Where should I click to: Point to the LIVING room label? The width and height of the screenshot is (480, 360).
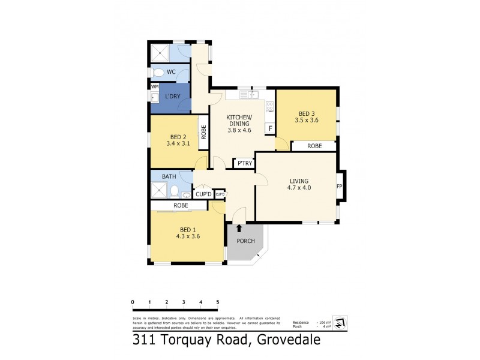298,181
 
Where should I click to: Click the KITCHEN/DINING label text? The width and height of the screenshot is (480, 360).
239,119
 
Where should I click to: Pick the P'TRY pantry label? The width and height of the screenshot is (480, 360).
244,163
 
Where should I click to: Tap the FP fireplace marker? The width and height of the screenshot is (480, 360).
340,186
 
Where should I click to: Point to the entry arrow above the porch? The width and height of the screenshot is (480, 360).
239,228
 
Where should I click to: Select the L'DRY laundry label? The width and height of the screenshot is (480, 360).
173,97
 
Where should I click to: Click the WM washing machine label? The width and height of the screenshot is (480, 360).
154,86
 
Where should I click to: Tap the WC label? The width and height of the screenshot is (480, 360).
171,72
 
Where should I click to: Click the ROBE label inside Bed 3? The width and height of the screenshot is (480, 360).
314,146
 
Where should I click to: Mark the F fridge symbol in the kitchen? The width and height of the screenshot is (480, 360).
270,128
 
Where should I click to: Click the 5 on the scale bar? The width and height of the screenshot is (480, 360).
218,302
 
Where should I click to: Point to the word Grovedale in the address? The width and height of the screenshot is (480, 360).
289,340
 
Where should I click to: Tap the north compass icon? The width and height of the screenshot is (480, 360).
339,322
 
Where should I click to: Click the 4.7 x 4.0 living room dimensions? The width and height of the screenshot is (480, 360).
298,188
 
